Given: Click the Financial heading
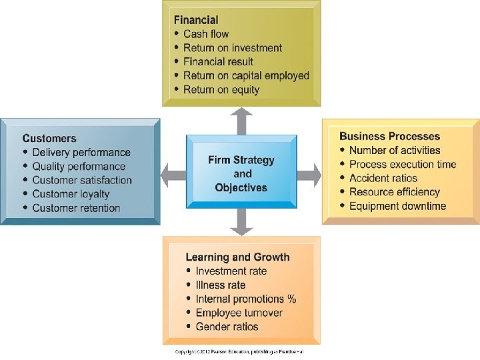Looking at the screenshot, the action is pos(196,20).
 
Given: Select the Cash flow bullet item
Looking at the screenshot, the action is pos(206,34).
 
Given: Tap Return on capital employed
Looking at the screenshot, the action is pos(246,75).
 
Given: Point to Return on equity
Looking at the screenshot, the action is pos(221,90).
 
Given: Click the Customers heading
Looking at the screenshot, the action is pos(49,139).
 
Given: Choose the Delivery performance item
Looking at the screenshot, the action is pos(81,153).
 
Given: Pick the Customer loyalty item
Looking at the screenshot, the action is pos(71,194).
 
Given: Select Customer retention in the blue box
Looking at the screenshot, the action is pos(76,208).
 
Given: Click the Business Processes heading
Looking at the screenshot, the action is pos(390,136).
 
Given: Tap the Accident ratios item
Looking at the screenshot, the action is pos(383,178).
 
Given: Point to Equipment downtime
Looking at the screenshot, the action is pos(397,206).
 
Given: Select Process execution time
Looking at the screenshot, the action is pos(403,165).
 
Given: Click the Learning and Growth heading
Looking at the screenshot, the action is pos(237,257).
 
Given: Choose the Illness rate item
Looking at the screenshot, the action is pos(221,285).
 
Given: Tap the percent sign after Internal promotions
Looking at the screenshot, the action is pos(292,299).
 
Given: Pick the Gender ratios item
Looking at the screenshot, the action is pos(227,327).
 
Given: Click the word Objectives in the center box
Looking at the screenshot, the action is pos(241,187).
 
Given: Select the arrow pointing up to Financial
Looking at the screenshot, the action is pos(241,121).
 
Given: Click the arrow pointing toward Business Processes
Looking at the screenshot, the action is pos(309,175).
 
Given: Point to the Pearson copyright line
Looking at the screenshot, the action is pos(239,352).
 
